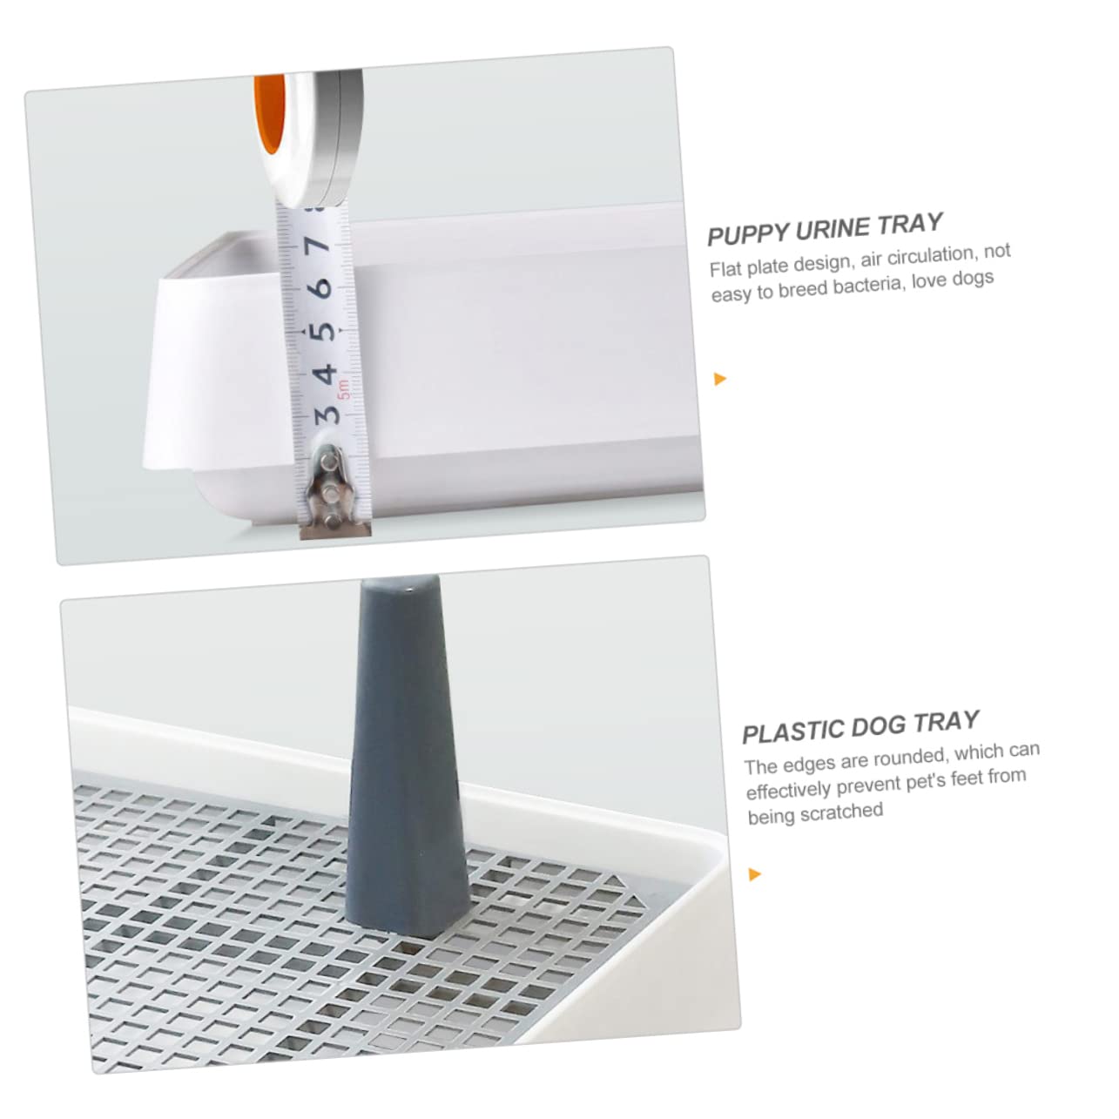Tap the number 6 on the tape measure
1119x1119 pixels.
[323, 286]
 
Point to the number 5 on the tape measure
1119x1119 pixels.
[324, 332]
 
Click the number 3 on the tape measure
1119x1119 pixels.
[327, 414]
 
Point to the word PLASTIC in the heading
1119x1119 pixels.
[792, 731]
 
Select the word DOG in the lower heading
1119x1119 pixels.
[879, 725]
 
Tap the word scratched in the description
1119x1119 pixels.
[839, 812]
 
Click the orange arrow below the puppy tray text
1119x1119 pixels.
[719, 379]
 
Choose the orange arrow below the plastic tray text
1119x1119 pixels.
[754, 873]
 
